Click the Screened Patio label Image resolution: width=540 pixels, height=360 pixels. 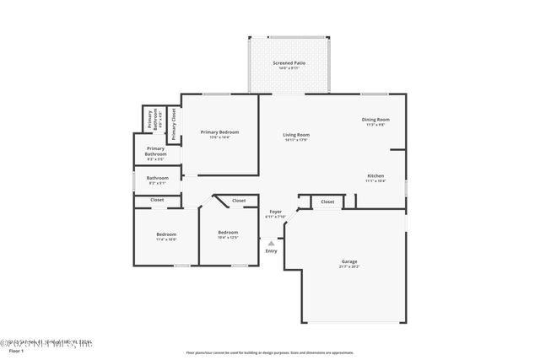point(289,63)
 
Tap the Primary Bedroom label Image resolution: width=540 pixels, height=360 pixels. point(219,132)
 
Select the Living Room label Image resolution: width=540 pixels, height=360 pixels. point(295,135)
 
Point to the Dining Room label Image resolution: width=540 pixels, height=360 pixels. point(376,120)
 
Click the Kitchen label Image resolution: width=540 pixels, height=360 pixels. point(375,175)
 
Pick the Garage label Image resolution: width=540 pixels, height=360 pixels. point(349,261)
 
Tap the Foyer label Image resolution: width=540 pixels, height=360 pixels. point(275,212)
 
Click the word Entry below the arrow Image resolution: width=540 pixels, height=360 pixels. point(271,250)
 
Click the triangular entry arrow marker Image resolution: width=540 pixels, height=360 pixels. point(271,243)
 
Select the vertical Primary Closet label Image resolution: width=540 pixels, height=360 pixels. point(174,124)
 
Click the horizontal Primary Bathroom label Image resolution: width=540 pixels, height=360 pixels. point(155,151)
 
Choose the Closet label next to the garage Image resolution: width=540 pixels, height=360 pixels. point(327,201)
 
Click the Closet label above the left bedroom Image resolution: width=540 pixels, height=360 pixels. point(157,200)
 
